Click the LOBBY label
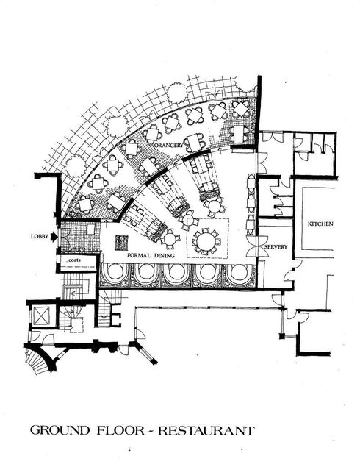click(x=40, y=237)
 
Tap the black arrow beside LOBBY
click(x=54, y=237)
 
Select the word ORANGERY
click(x=170, y=145)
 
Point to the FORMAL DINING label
click(x=151, y=255)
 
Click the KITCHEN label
click(x=320, y=224)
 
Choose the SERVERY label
click(x=276, y=247)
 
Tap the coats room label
click(x=74, y=260)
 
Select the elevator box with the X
click(x=40, y=316)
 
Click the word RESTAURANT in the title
click(x=206, y=431)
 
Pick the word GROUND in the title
click(x=60, y=430)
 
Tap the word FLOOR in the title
click(x=120, y=430)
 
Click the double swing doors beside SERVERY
click(x=257, y=246)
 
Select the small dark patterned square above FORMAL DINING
click(x=121, y=243)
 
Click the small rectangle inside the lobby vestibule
click(x=90, y=229)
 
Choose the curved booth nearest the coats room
click(x=115, y=275)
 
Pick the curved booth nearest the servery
click(x=240, y=275)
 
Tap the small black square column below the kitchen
click(x=281, y=337)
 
